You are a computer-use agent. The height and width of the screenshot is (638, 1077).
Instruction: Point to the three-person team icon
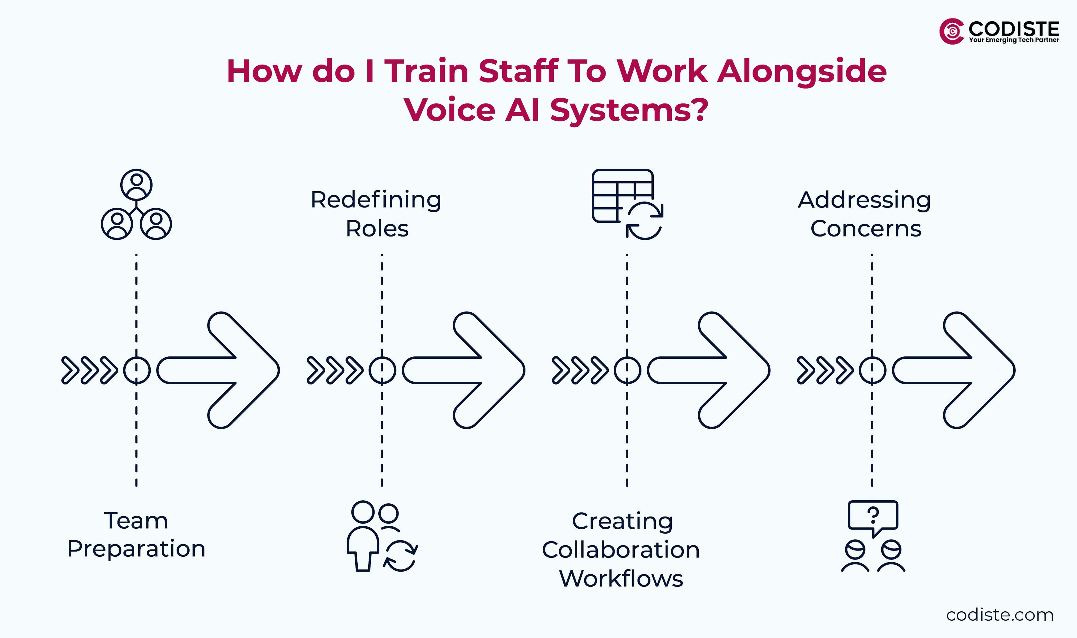[136, 205]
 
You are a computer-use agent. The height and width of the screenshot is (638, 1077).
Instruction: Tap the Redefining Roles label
[376, 214]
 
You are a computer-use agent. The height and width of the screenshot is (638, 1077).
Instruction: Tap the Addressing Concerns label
[865, 214]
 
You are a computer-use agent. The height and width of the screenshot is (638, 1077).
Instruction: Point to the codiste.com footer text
[1000, 615]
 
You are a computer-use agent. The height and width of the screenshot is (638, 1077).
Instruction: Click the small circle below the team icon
[137, 370]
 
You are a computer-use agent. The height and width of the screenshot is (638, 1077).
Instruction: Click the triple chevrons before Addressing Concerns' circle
[824, 370]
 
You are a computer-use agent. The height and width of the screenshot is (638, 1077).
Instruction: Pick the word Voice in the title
[450, 110]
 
